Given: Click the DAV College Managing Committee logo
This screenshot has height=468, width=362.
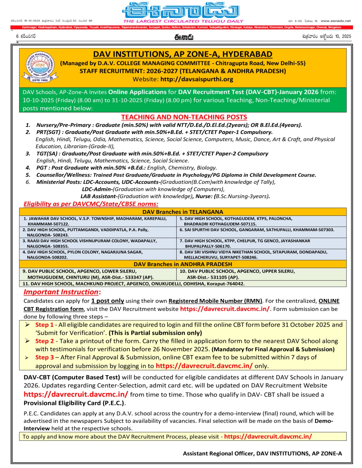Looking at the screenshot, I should tap(40, 67).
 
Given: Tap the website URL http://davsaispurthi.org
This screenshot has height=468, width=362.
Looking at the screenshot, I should tap(197, 79).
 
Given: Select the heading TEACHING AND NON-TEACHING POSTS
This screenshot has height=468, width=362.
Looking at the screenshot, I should tap(184, 117).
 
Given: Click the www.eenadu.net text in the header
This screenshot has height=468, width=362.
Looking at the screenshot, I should tap(335, 21).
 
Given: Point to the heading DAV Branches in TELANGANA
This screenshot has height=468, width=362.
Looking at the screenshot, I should tap(183, 212).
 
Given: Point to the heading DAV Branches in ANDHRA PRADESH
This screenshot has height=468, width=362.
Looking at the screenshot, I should tap(183, 264).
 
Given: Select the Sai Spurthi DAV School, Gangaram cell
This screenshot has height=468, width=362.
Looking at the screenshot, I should tap(257, 230).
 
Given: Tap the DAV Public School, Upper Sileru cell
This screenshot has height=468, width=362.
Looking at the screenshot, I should tap(237, 274).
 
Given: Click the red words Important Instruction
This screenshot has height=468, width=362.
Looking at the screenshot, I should tap(61, 292).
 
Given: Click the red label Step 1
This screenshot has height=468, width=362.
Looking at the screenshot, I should tap(45, 325).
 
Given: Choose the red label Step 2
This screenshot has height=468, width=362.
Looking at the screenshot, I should tap(45, 341).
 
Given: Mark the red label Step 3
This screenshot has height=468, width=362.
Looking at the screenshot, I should tap(45, 357).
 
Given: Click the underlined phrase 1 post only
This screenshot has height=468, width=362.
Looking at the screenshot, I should tap(107, 301).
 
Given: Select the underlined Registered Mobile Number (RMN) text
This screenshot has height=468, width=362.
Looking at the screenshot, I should tap(215, 301).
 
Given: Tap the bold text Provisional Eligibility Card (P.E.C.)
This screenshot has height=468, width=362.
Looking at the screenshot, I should tap(74, 403).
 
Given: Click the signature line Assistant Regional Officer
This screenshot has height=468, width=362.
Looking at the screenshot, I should tap(262, 453).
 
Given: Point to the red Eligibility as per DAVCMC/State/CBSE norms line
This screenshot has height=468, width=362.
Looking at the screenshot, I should tap(91, 204).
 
